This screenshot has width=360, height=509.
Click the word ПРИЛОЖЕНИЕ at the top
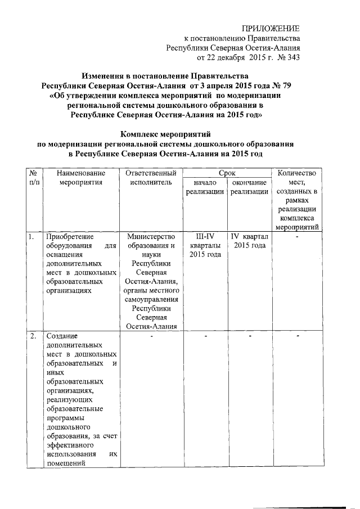(271, 29)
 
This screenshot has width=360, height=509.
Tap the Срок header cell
(226, 173)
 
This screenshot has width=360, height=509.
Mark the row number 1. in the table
(32, 236)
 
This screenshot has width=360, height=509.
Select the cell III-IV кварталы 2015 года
(204, 245)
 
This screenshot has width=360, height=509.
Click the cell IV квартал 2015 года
(249, 241)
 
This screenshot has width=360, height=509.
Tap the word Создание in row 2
(62, 336)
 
